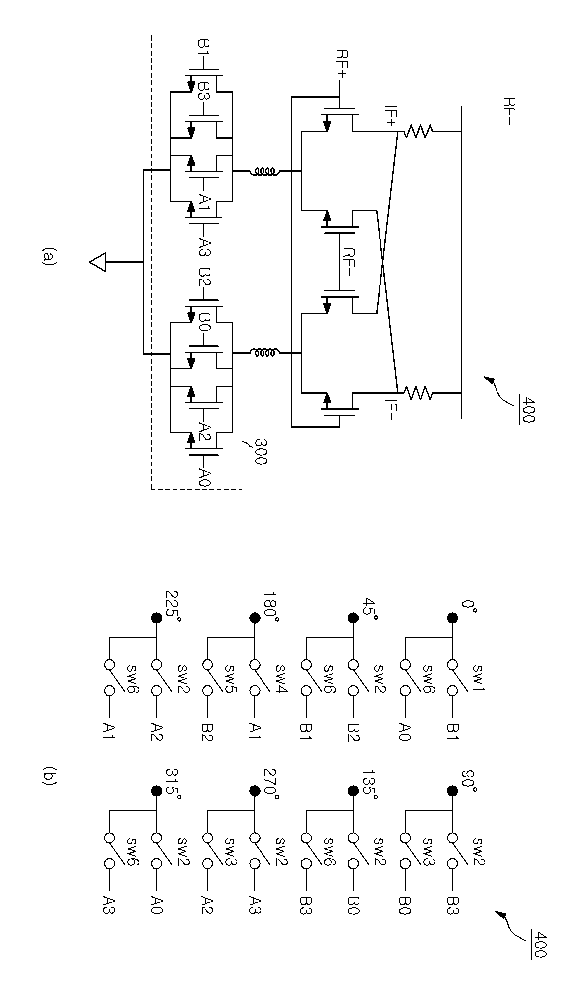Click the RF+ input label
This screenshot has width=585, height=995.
(341, 64)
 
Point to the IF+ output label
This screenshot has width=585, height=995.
(390, 116)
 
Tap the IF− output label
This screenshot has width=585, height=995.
(390, 410)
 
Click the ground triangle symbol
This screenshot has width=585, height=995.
(98, 262)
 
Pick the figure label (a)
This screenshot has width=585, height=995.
(49, 256)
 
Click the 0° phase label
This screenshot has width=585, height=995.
(469, 606)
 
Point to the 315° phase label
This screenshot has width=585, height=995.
(173, 783)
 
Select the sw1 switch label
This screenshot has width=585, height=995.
(478, 678)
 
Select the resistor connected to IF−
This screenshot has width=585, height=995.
(417, 393)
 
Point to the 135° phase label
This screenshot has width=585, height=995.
(370, 784)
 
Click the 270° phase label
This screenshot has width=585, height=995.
(271, 783)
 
